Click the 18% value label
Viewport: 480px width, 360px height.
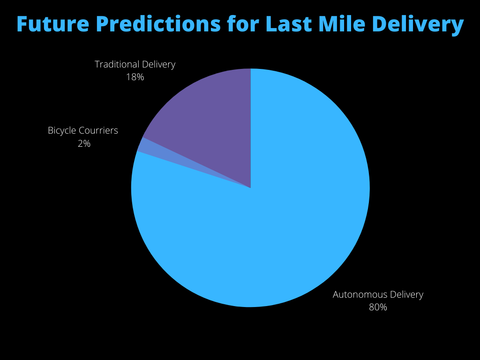135,77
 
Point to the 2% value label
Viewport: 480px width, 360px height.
84,143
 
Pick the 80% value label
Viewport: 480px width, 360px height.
378,307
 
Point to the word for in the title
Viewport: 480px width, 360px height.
243,24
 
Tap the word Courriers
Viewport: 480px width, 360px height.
98,131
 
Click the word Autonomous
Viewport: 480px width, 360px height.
356,294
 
